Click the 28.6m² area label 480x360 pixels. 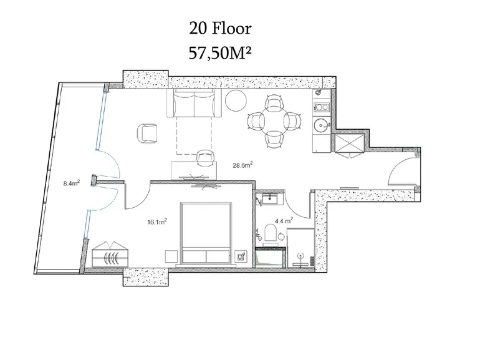click(x=242, y=165)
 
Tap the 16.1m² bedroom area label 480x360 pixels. click(x=157, y=221)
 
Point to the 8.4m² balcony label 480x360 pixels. click(x=72, y=183)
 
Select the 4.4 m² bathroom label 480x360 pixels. click(x=284, y=220)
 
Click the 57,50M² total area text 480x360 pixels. click(x=220, y=53)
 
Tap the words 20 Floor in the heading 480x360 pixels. click(x=220, y=29)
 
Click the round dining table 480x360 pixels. click(x=274, y=121)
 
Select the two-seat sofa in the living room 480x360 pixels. click(x=194, y=103)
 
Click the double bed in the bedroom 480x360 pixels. click(x=206, y=233)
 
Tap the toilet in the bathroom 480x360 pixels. click(x=271, y=233)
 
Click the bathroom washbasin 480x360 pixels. click(x=270, y=199)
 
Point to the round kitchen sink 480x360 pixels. click(x=321, y=125)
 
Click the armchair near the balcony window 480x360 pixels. click(x=148, y=134)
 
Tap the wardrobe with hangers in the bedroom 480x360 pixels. click(x=110, y=255)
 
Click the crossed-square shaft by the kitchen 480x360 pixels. click(x=349, y=143)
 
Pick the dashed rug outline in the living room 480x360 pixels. click(x=194, y=135)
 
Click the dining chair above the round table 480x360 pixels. click(x=274, y=103)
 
